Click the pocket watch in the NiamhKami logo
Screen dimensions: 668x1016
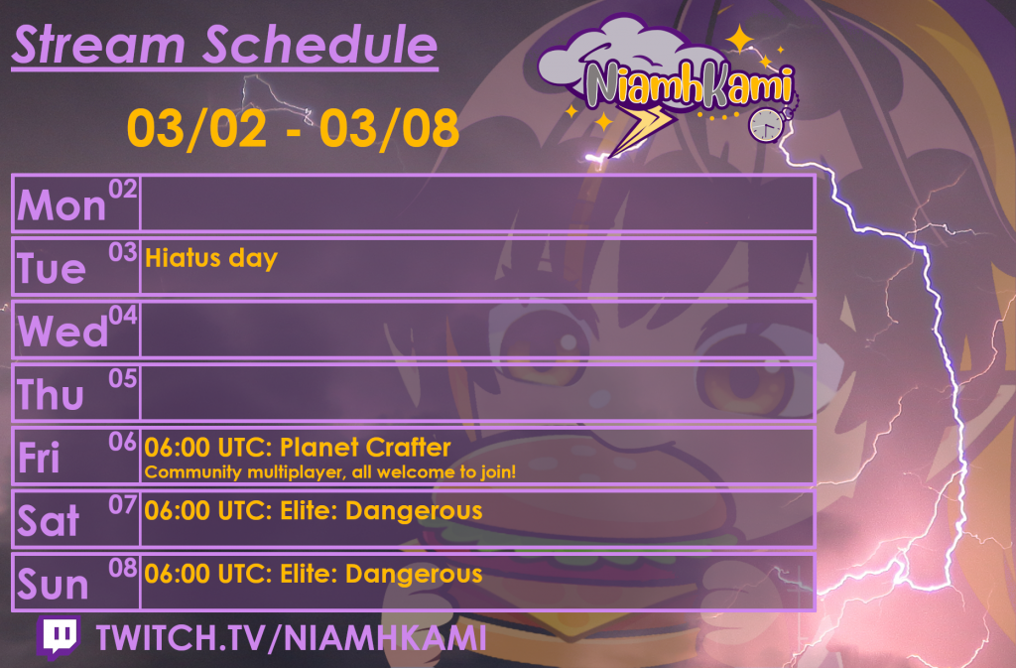pos(766,123)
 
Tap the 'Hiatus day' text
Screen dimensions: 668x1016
pos(211,259)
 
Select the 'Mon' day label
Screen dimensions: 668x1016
pos(62,205)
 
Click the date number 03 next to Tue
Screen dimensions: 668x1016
pos(122,252)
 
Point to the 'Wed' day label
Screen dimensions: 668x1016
pos(63,332)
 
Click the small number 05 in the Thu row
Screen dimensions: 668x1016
pos(122,378)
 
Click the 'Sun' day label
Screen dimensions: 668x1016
pos(54,585)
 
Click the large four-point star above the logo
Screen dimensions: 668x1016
pos(739,41)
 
